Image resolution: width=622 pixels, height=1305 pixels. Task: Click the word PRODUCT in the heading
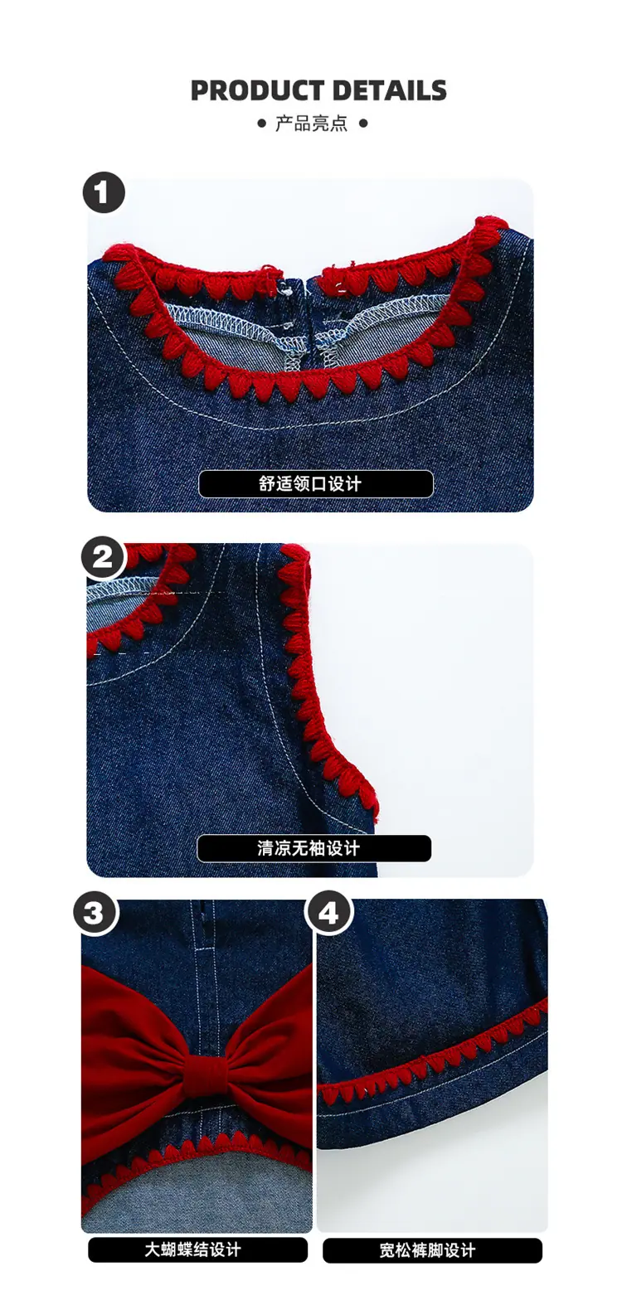(257, 91)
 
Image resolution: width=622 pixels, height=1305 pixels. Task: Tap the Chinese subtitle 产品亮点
(311, 124)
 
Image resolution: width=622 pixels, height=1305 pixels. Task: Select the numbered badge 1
(103, 192)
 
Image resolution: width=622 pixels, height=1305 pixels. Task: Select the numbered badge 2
(103, 558)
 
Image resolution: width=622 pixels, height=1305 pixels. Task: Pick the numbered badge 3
(95, 913)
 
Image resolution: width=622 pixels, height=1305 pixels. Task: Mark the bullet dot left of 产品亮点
(262, 124)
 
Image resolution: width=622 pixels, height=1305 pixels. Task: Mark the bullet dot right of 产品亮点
(363, 124)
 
